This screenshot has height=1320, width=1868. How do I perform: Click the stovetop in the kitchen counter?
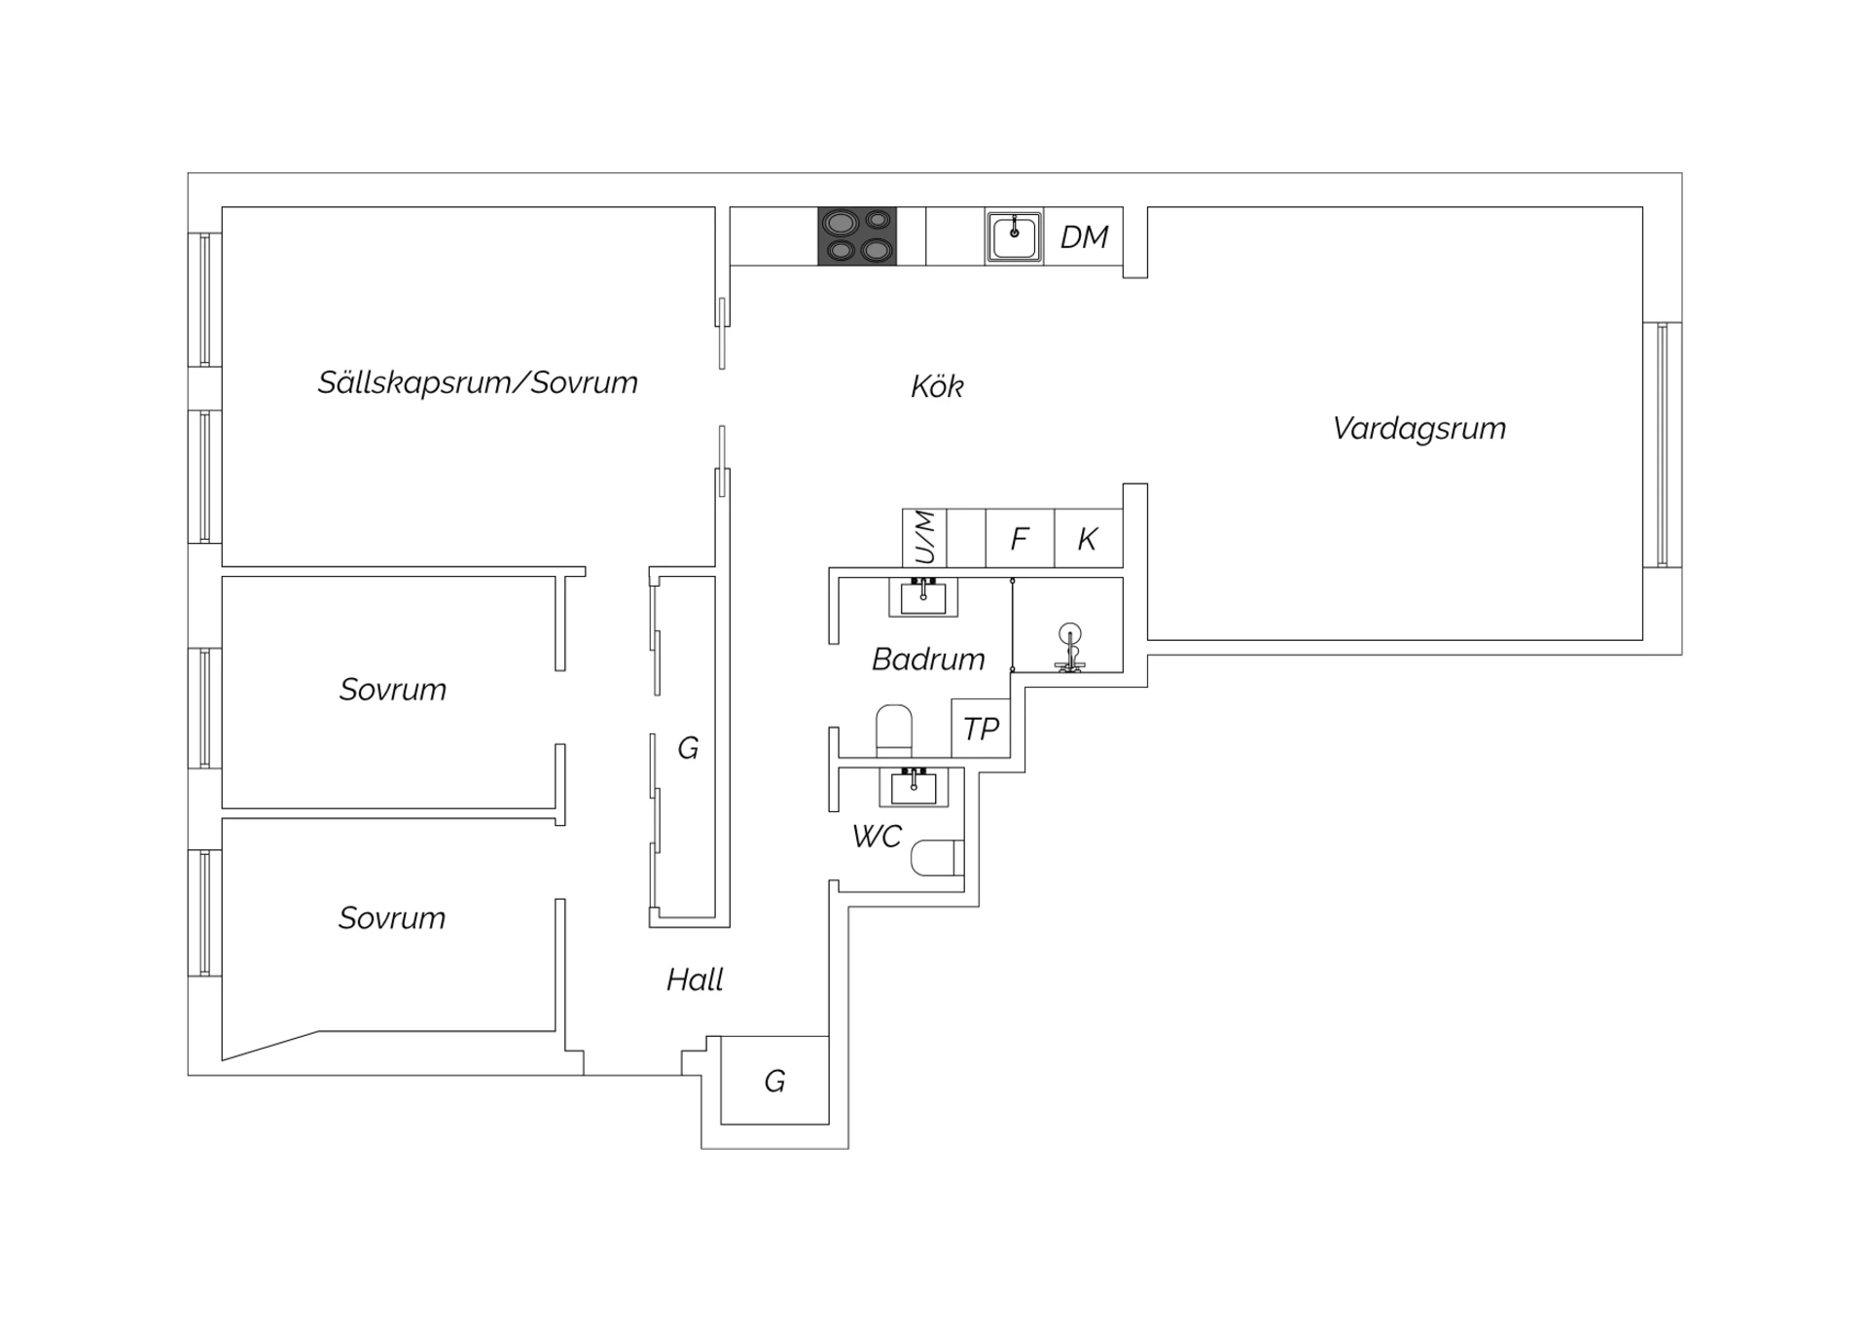pos(857,235)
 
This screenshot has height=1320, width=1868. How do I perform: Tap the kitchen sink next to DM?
pos(1014,236)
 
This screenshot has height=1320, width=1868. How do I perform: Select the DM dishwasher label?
pos(1084,237)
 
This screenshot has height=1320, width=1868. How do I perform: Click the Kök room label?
pos(937,386)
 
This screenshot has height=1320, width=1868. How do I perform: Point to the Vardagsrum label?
pos(1419,429)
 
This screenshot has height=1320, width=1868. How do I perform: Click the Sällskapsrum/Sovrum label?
pos(478,382)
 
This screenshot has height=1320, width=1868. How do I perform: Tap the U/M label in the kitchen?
pos(925,537)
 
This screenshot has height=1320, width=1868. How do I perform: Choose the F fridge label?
pos(1020,539)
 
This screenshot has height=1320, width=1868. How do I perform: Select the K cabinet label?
pos(1088,539)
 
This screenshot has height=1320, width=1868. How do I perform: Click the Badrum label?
pos(928,660)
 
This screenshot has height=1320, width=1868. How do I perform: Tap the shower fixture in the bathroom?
pos(1070,647)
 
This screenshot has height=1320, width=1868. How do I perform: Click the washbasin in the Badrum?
pos(923,596)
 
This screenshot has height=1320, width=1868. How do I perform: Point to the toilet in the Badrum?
pos(894,731)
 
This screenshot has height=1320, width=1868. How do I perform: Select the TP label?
pos(981,729)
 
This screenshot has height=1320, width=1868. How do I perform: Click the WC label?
pos(877,837)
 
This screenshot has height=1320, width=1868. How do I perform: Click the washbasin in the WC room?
pos(914,787)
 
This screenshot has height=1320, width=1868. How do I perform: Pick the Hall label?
pos(695,980)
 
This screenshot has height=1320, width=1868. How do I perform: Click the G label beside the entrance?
pos(774,1082)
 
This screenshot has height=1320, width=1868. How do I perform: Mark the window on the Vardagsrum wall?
pos(1663,445)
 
